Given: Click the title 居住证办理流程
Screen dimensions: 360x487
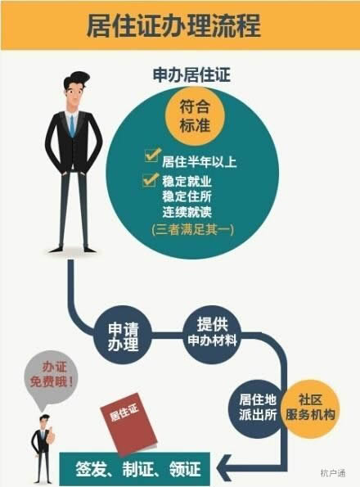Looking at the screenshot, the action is tap(173, 25).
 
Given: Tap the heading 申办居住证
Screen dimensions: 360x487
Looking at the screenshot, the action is tap(191, 74).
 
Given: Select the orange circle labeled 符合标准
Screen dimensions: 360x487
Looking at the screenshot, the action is tap(195, 116).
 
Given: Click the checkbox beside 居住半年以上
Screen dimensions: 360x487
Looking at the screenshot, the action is tap(153, 155).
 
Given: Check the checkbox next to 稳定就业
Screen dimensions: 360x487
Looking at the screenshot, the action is tap(151, 179).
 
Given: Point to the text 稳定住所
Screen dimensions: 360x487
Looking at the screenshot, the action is tap(187, 196).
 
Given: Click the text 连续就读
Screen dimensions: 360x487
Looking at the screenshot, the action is tap(187, 212).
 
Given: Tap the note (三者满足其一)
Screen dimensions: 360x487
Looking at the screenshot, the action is tap(192, 229).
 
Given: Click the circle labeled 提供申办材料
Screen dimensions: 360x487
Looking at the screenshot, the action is tap(212, 333).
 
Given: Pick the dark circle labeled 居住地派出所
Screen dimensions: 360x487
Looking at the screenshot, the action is tap(258, 407).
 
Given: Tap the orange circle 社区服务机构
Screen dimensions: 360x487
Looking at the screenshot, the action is tap(310, 408).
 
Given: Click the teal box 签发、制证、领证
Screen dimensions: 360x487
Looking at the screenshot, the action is tap(135, 469).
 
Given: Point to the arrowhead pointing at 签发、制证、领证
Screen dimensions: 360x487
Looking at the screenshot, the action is tap(225, 468).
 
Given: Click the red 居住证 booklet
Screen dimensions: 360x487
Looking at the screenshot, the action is tap(128, 424).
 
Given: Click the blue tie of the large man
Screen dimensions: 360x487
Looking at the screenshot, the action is tap(72, 126).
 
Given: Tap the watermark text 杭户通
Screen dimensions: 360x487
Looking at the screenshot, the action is tap(332, 473).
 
